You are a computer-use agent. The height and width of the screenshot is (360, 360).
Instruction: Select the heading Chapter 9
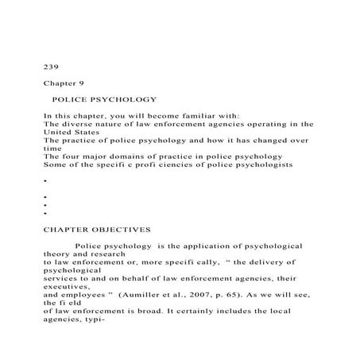64,82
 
